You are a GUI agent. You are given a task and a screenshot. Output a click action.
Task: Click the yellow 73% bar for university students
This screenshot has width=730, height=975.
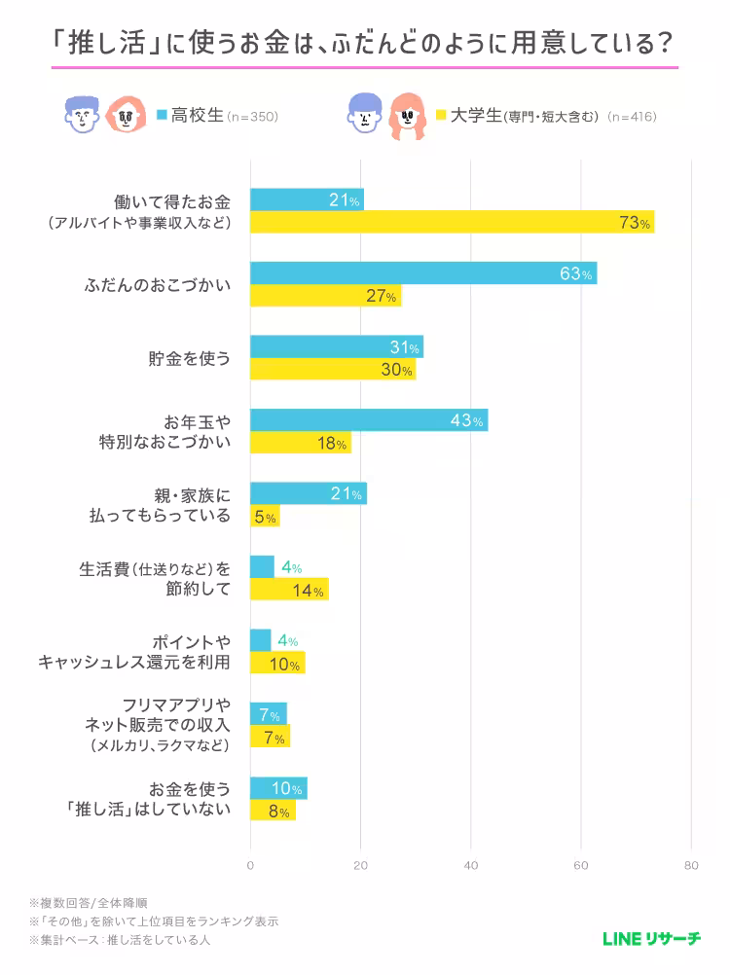click(452, 223)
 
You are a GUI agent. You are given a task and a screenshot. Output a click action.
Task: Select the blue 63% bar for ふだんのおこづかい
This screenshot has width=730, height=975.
click(423, 273)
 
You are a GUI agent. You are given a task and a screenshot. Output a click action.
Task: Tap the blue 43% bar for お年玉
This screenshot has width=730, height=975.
click(369, 420)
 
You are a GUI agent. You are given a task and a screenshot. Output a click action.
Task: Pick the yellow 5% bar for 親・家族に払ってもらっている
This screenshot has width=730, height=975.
click(265, 517)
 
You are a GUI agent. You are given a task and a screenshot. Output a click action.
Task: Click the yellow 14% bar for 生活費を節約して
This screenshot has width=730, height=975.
click(289, 590)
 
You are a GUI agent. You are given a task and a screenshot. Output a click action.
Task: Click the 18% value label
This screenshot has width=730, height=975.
click(332, 443)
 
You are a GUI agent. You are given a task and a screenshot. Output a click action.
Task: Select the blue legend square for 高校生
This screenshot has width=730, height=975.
click(163, 115)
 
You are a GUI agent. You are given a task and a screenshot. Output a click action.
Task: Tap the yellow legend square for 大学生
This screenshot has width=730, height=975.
click(441, 115)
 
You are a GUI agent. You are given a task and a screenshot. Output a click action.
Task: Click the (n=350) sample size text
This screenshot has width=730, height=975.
click(253, 117)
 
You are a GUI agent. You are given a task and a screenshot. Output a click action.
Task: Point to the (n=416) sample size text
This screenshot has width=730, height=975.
click(631, 117)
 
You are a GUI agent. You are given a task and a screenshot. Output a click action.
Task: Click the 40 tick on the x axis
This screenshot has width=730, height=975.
click(471, 865)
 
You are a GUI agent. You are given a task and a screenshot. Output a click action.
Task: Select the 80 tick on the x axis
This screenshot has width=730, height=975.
click(691, 865)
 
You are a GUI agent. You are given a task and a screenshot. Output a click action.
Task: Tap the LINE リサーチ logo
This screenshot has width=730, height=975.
click(651, 939)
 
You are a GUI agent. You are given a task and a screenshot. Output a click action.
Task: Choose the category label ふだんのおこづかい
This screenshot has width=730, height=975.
click(159, 285)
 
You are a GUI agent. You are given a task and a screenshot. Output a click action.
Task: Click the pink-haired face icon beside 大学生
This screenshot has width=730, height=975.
click(409, 116)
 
